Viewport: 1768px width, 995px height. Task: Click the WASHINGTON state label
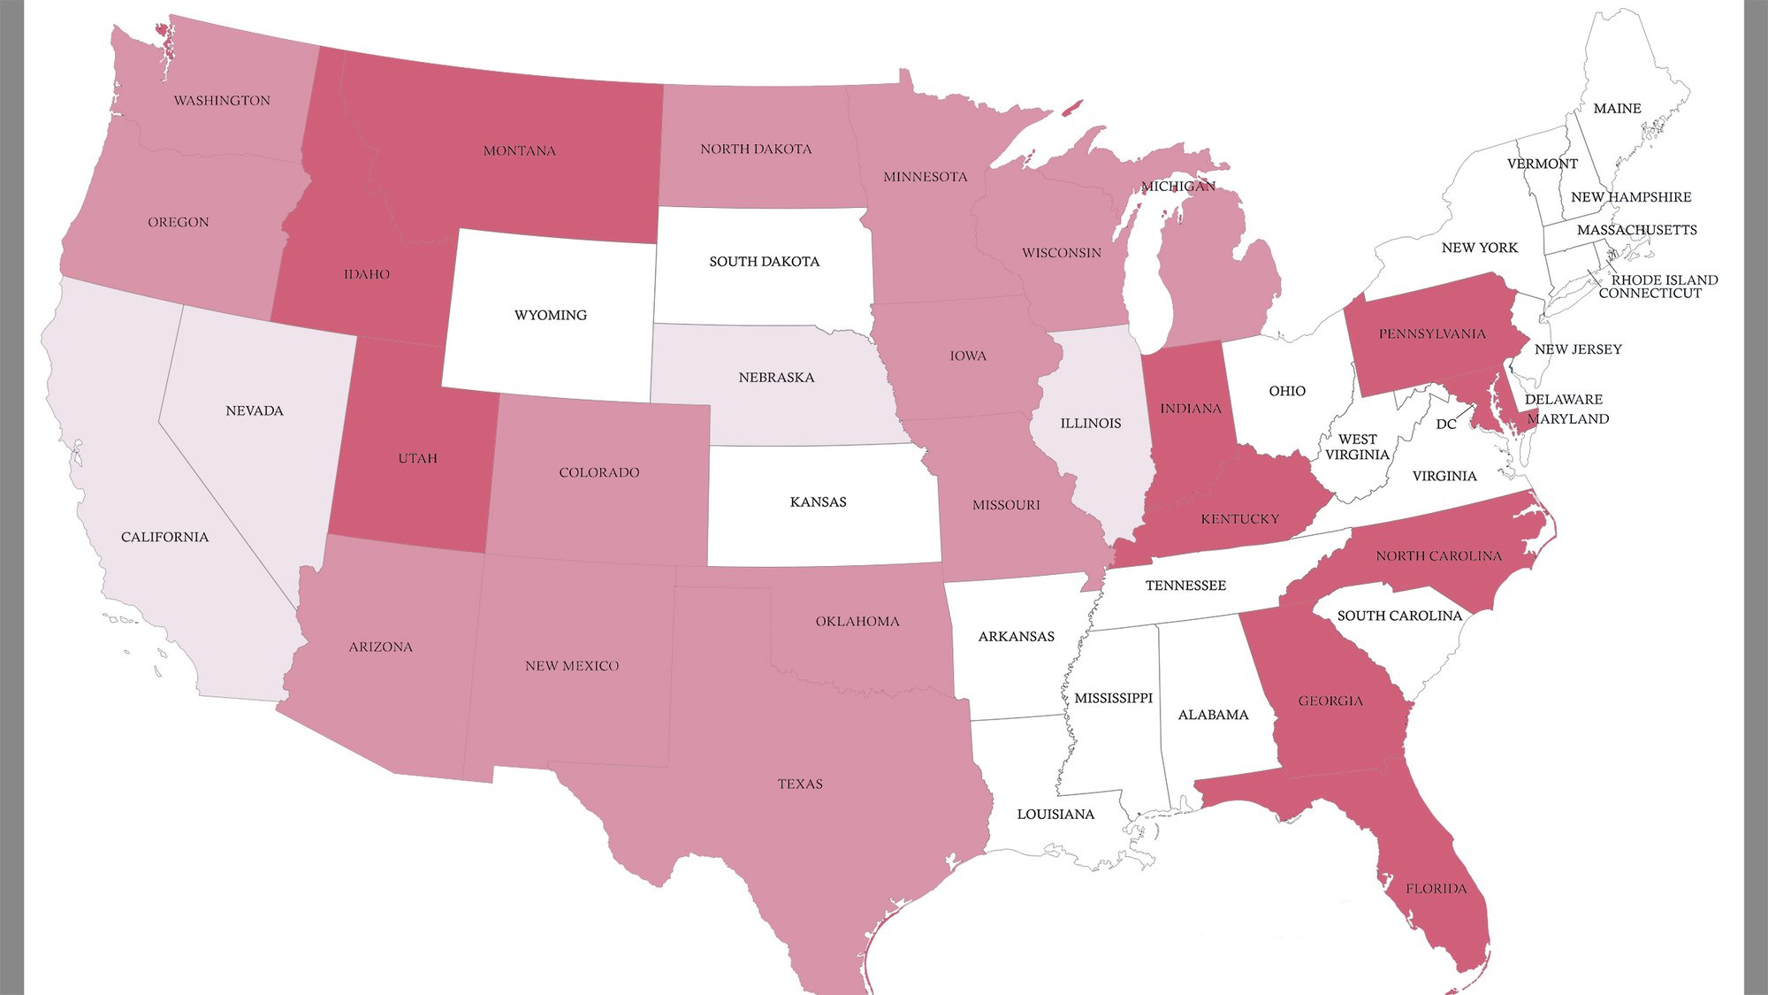point(222,101)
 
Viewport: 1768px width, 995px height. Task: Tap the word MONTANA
point(520,151)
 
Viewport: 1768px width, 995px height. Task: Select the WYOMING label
point(550,315)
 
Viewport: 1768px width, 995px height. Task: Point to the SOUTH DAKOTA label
point(764,262)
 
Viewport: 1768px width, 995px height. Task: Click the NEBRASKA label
point(776,378)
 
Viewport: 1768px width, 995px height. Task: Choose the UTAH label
point(417,458)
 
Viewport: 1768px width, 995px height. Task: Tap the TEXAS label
point(800,785)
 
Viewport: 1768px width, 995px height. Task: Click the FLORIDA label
point(1436,889)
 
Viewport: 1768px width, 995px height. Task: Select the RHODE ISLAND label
point(1665,279)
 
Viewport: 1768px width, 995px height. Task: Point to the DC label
point(1446,425)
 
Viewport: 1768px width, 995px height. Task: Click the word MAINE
point(1617,109)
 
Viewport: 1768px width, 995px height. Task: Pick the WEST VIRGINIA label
point(1357,447)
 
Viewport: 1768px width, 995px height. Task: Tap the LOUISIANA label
point(1055,815)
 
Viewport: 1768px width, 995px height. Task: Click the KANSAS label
point(818,502)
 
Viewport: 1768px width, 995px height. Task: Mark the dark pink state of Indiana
point(1185,442)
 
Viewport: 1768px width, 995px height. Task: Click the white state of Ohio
point(1282,416)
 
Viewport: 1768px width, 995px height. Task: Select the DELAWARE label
point(1563,400)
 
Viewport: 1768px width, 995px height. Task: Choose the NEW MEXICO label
point(572,666)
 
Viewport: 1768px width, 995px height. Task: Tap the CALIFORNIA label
point(164,538)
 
